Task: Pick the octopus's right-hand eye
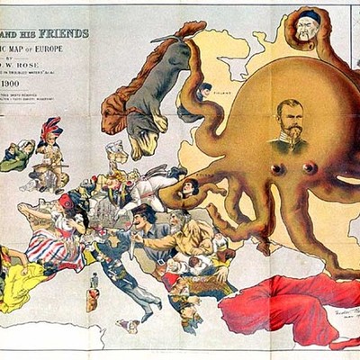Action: coord(310,168)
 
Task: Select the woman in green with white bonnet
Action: coord(16,155)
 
